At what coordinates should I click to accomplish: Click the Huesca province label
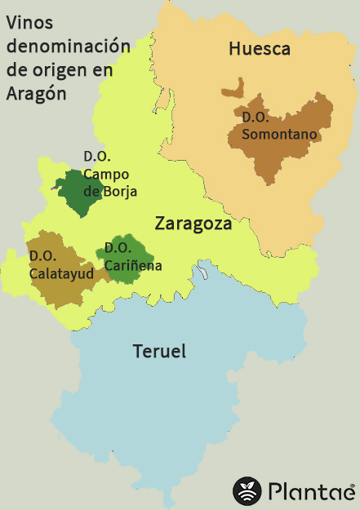[x=260, y=50]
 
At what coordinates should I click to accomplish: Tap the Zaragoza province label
[x=193, y=223]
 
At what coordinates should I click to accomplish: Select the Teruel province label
[x=159, y=352]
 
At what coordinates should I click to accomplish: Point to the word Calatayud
[x=62, y=273]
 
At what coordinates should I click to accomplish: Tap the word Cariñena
[x=133, y=265]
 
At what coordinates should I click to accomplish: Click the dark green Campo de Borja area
[x=71, y=193]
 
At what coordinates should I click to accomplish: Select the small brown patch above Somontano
[x=236, y=87]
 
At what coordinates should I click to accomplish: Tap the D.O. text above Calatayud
[x=42, y=256]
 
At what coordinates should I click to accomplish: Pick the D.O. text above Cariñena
[x=118, y=248]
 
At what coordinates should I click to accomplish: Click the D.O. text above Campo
[x=97, y=156]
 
